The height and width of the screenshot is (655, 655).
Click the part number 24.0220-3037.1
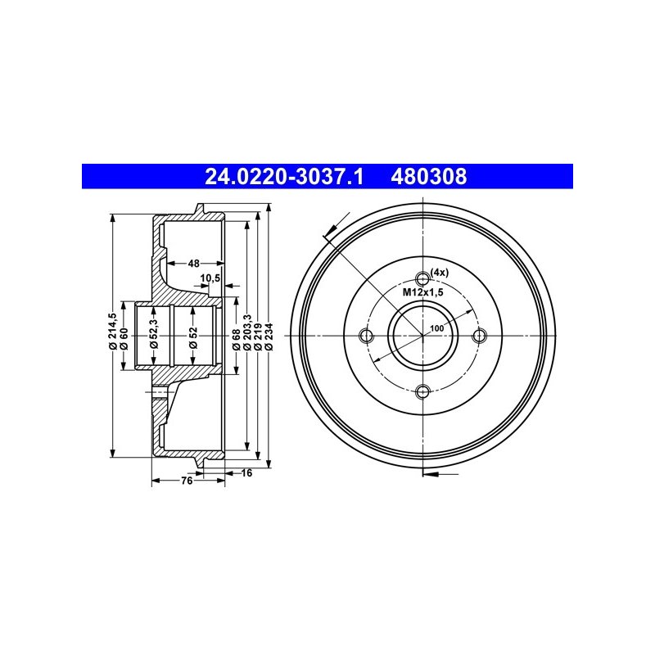[284, 177]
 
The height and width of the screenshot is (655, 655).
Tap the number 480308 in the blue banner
[428, 177]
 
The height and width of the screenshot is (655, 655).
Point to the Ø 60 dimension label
[124, 338]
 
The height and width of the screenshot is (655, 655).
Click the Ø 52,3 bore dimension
[154, 333]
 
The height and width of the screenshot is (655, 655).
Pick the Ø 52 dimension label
[192, 337]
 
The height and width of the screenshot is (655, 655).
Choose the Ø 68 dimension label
[237, 339]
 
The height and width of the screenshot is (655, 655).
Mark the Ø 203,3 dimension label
[247, 332]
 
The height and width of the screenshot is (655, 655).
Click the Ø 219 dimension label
[258, 336]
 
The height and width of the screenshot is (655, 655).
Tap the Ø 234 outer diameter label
[269, 336]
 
